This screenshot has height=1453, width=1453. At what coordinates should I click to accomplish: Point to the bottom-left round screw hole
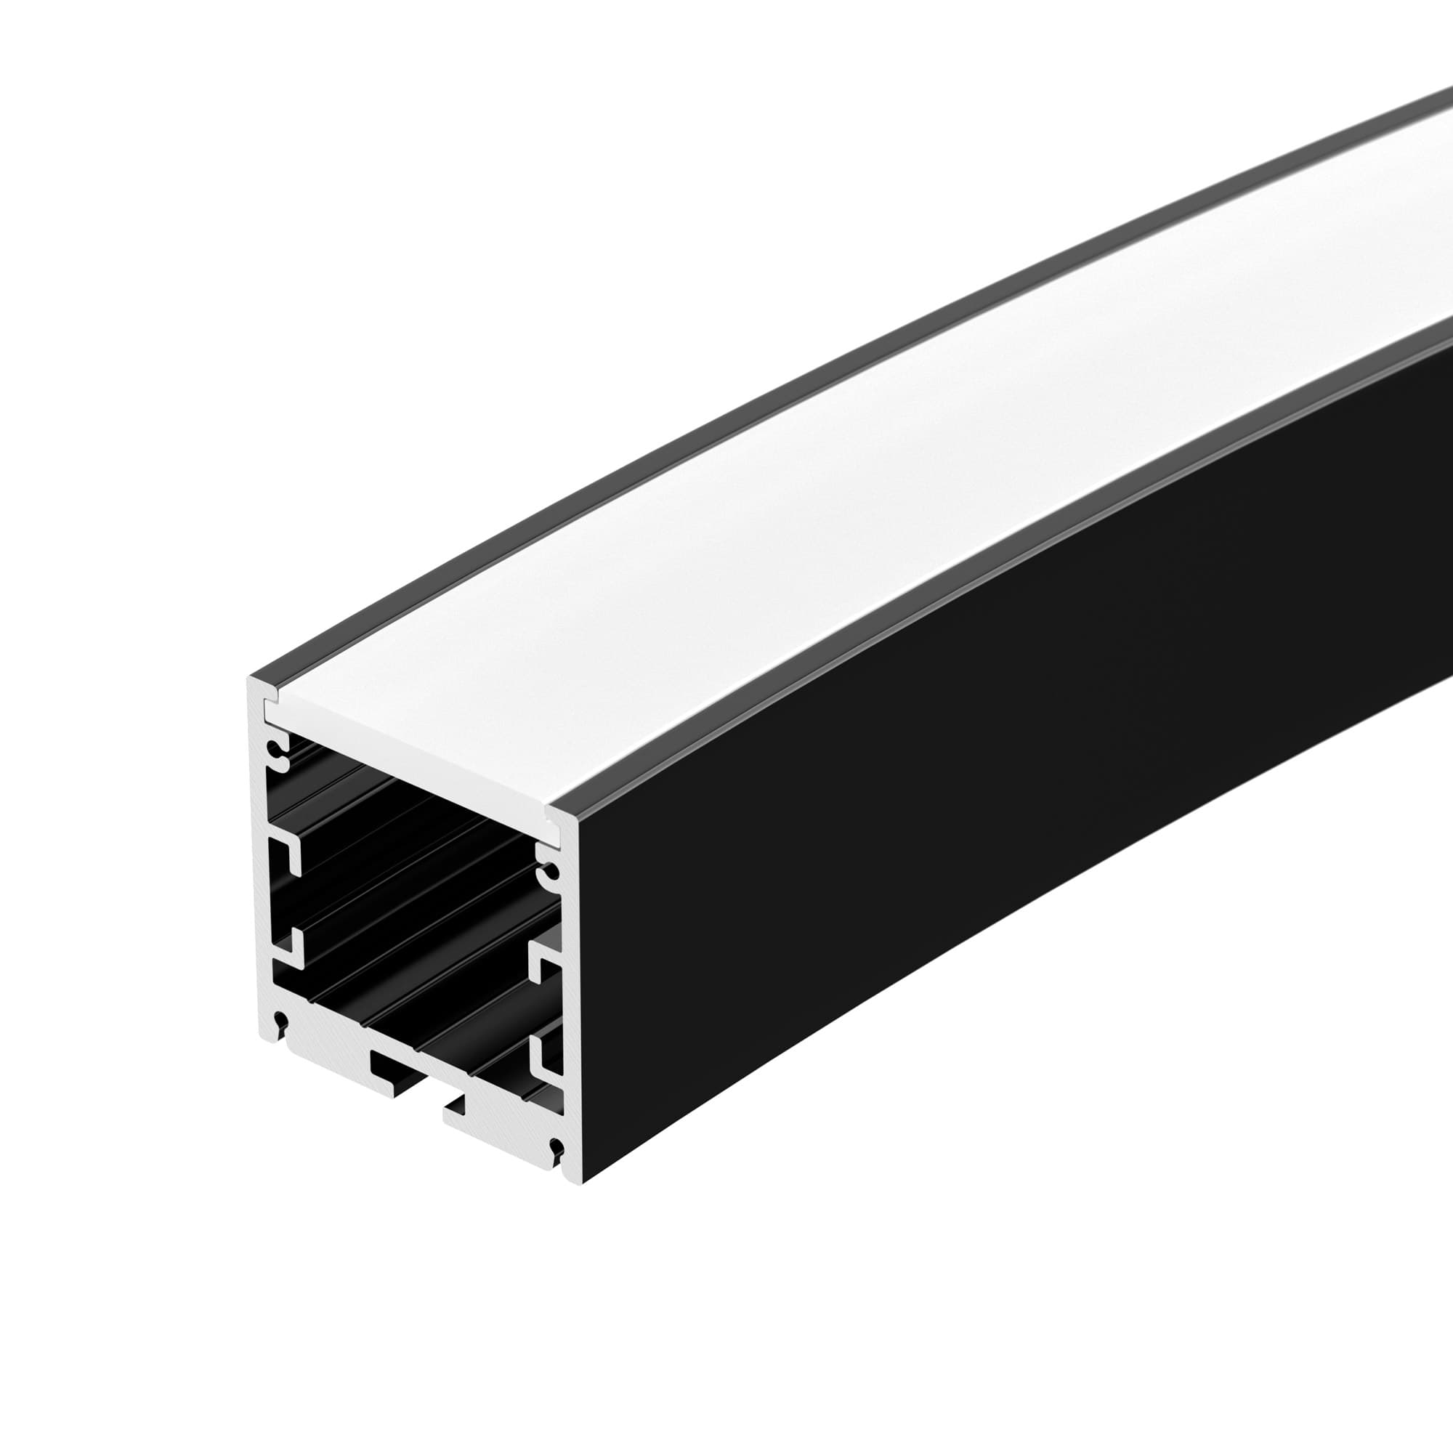click(280, 1022)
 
